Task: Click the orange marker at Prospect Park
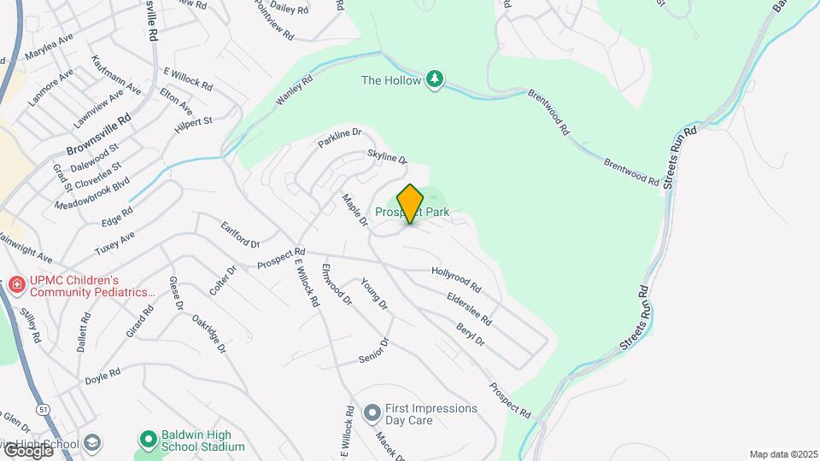point(410,204)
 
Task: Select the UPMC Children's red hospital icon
point(15,284)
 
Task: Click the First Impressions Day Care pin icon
point(372,414)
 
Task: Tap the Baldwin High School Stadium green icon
point(147,440)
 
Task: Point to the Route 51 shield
point(43,411)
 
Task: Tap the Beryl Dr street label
point(470,335)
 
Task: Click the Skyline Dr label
point(387,157)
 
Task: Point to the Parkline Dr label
point(341,138)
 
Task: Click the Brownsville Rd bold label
point(99,136)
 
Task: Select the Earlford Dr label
point(240,235)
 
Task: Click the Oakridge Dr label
point(208,335)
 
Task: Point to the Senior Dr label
point(374,349)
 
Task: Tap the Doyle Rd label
point(102,373)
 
